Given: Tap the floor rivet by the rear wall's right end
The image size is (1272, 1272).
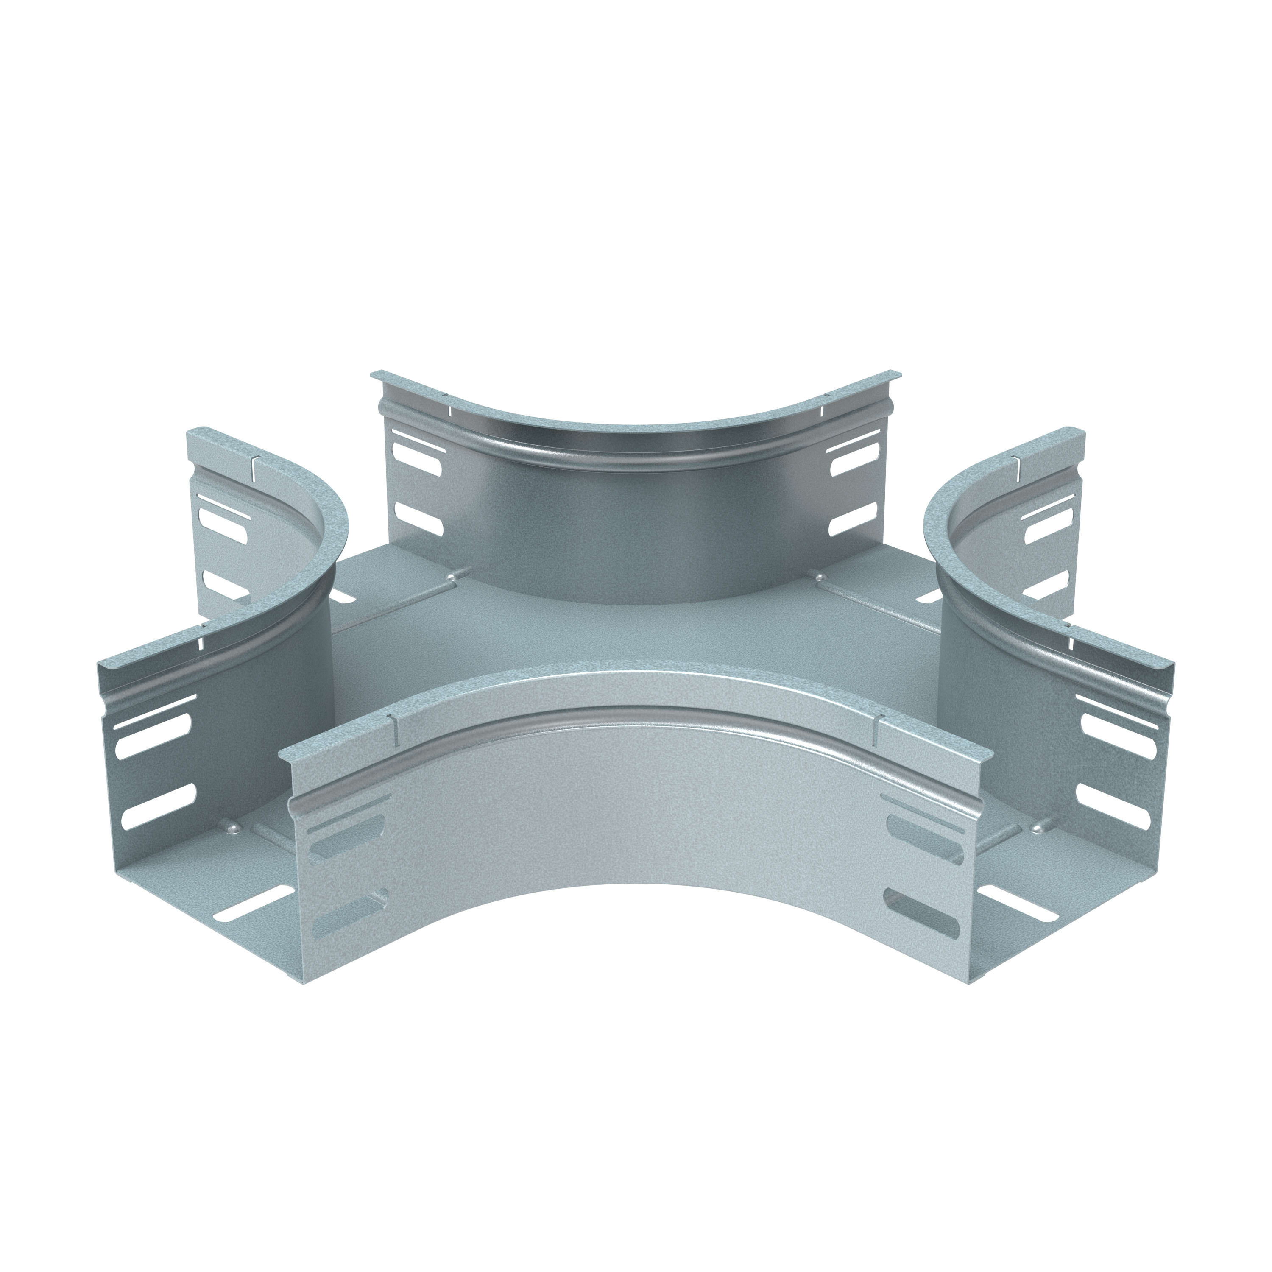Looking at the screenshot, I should pyautogui.click(x=821, y=577).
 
